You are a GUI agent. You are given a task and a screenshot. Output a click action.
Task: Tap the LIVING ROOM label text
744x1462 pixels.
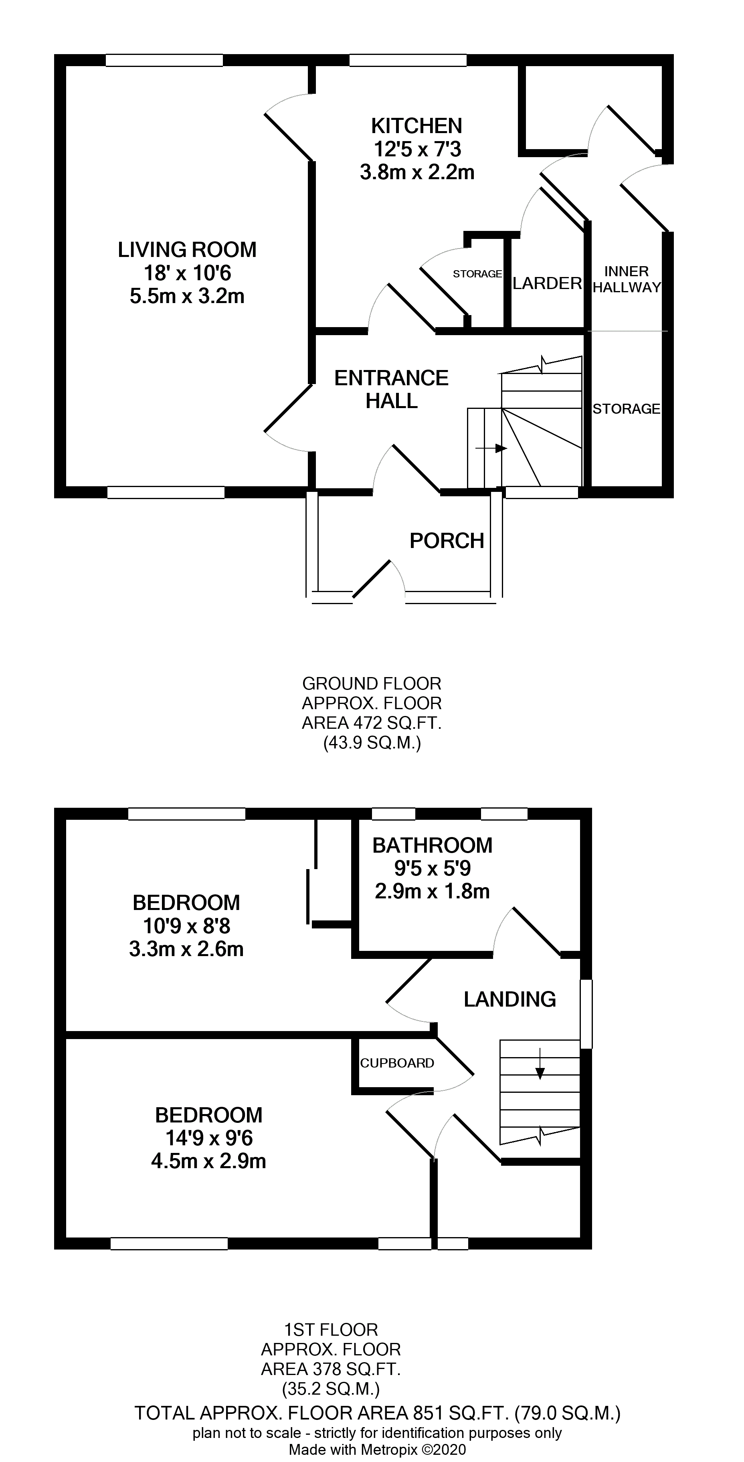[x=187, y=250]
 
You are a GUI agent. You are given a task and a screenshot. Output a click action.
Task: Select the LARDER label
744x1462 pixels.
[x=547, y=283]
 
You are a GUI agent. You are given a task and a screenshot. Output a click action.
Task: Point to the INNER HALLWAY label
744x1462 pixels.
[x=627, y=279]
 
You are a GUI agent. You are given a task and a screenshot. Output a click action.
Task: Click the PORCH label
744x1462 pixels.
[x=447, y=541]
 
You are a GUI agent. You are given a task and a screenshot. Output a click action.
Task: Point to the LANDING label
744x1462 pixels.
[x=509, y=999]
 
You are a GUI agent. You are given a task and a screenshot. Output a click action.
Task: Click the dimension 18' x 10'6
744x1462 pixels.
[x=187, y=273]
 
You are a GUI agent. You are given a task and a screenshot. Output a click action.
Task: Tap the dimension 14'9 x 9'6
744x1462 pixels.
[x=209, y=1138]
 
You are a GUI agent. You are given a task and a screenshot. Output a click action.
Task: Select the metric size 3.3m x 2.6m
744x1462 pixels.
[x=186, y=949]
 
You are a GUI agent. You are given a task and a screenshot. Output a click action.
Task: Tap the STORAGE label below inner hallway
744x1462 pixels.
[x=626, y=408]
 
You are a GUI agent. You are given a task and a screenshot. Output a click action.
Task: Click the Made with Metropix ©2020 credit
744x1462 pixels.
[x=377, y=1450]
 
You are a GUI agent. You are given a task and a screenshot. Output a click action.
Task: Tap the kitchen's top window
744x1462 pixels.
[x=407, y=60]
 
